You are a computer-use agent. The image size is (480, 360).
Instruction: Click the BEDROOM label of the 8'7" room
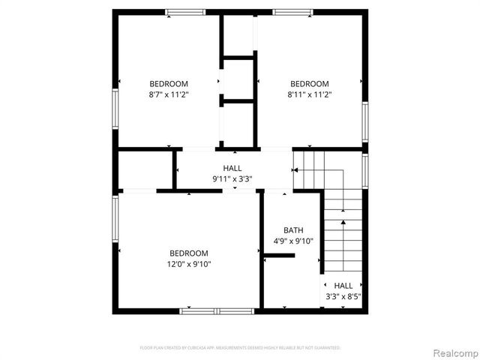coord(169,83)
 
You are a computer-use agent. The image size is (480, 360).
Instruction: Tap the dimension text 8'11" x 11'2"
coord(310,94)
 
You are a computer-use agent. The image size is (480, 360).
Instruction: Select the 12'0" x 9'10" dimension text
coord(189,264)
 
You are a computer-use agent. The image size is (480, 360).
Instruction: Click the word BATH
coord(293,230)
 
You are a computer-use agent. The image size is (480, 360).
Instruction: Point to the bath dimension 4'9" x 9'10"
coord(293,241)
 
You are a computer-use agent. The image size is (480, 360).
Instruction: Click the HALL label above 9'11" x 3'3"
coord(232,168)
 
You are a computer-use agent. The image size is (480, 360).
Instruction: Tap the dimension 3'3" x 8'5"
coord(343,296)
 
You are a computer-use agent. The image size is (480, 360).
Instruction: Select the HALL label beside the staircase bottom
coord(343,286)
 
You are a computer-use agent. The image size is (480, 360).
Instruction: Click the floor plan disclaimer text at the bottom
coord(240,348)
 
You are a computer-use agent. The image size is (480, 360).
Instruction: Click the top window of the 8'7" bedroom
coord(185,11)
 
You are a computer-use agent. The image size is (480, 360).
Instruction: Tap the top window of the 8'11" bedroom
coord(292,11)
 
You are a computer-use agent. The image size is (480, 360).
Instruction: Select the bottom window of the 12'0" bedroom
coord(215,310)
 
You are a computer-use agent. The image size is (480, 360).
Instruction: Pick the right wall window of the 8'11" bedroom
coord(365,121)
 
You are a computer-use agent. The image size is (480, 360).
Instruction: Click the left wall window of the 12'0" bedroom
coord(115,218)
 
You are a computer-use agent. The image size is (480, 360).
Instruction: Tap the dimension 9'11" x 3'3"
coord(232,178)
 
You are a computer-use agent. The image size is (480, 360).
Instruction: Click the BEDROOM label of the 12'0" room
coord(189,253)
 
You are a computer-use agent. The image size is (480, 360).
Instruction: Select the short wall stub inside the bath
coord(279,256)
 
